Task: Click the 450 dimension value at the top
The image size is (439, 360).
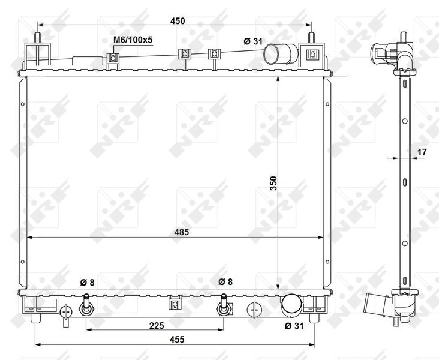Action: tap(177, 20)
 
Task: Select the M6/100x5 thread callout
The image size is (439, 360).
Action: tap(133, 40)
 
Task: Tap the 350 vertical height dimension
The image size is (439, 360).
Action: tap(273, 183)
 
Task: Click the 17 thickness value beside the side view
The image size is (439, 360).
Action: tap(422, 152)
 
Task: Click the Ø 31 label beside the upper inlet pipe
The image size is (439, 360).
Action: tap(254, 41)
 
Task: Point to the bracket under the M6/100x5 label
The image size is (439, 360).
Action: tap(112, 58)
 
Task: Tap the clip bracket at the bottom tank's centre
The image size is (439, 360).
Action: tap(175, 302)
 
